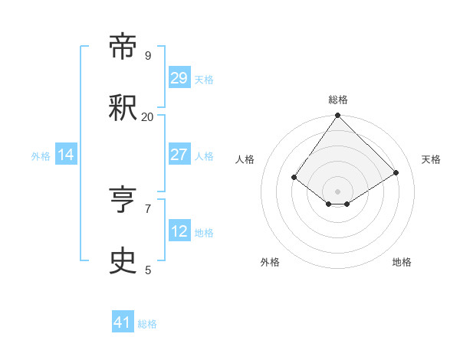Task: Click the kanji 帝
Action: [x=123, y=47]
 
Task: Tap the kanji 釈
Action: [x=123, y=108]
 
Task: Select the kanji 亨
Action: [x=123, y=200]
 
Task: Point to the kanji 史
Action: [x=123, y=261]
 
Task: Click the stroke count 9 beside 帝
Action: [x=148, y=56]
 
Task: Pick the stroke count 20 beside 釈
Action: [x=147, y=117]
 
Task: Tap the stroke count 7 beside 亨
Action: [x=148, y=208]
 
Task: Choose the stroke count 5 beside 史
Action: [x=148, y=270]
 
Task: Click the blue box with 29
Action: [x=179, y=78]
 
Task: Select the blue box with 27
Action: [x=179, y=155]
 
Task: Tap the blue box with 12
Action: [x=179, y=231]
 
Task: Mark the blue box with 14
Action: [x=66, y=155]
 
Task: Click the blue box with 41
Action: [x=123, y=322]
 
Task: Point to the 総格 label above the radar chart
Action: [x=338, y=100]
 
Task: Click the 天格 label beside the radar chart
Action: [x=431, y=159]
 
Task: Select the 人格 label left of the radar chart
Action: [x=245, y=159]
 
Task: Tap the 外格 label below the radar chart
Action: [x=270, y=262]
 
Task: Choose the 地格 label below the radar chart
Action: [x=402, y=262]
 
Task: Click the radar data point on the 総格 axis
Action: [x=338, y=116]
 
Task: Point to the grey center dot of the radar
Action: [x=338, y=191]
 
